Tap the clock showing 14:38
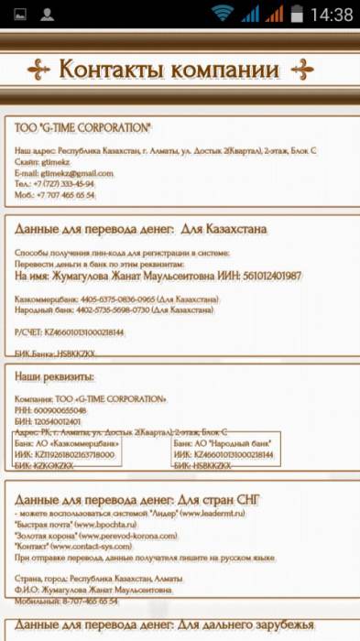tap(331, 15)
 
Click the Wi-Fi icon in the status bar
tap(222, 14)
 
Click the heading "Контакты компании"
tap(169, 70)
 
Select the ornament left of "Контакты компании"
tap(38, 70)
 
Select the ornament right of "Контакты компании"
tap(301, 70)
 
